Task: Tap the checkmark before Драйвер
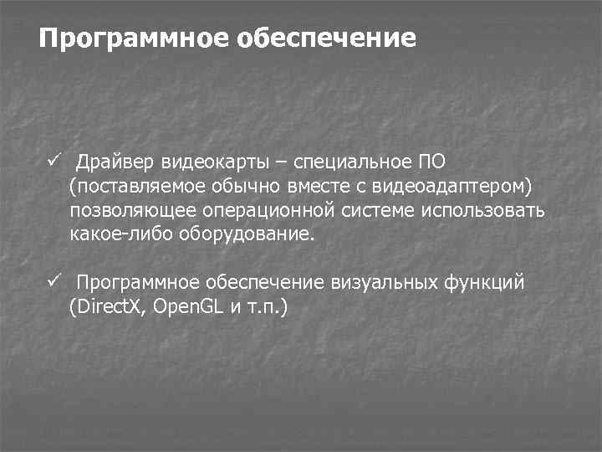(x=54, y=159)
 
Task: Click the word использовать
(x=487, y=210)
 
